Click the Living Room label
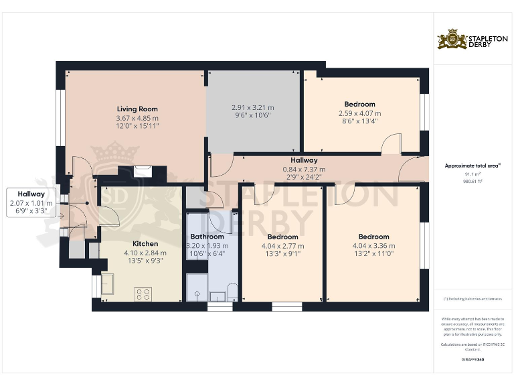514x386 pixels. (x=137, y=109)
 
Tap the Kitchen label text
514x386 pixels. (x=145, y=243)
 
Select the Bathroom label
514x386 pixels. (x=207, y=237)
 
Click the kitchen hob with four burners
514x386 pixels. (x=143, y=294)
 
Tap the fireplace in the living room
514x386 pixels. (x=143, y=172)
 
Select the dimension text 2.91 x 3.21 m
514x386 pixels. (x=252, y=107)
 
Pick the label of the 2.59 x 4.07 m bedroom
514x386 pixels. (x=359, y=104)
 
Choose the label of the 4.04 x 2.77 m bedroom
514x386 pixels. (x=282, y=237)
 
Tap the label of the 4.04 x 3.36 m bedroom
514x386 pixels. (x=373, y=237)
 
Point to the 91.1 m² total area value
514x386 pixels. (x=473, y=174)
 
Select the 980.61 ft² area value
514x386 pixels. (x=473, y=181)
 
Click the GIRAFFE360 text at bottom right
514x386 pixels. (x=473, y=360)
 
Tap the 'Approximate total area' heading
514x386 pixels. (x=472, y=165)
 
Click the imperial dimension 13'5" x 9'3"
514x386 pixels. (x=145, y=261)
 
